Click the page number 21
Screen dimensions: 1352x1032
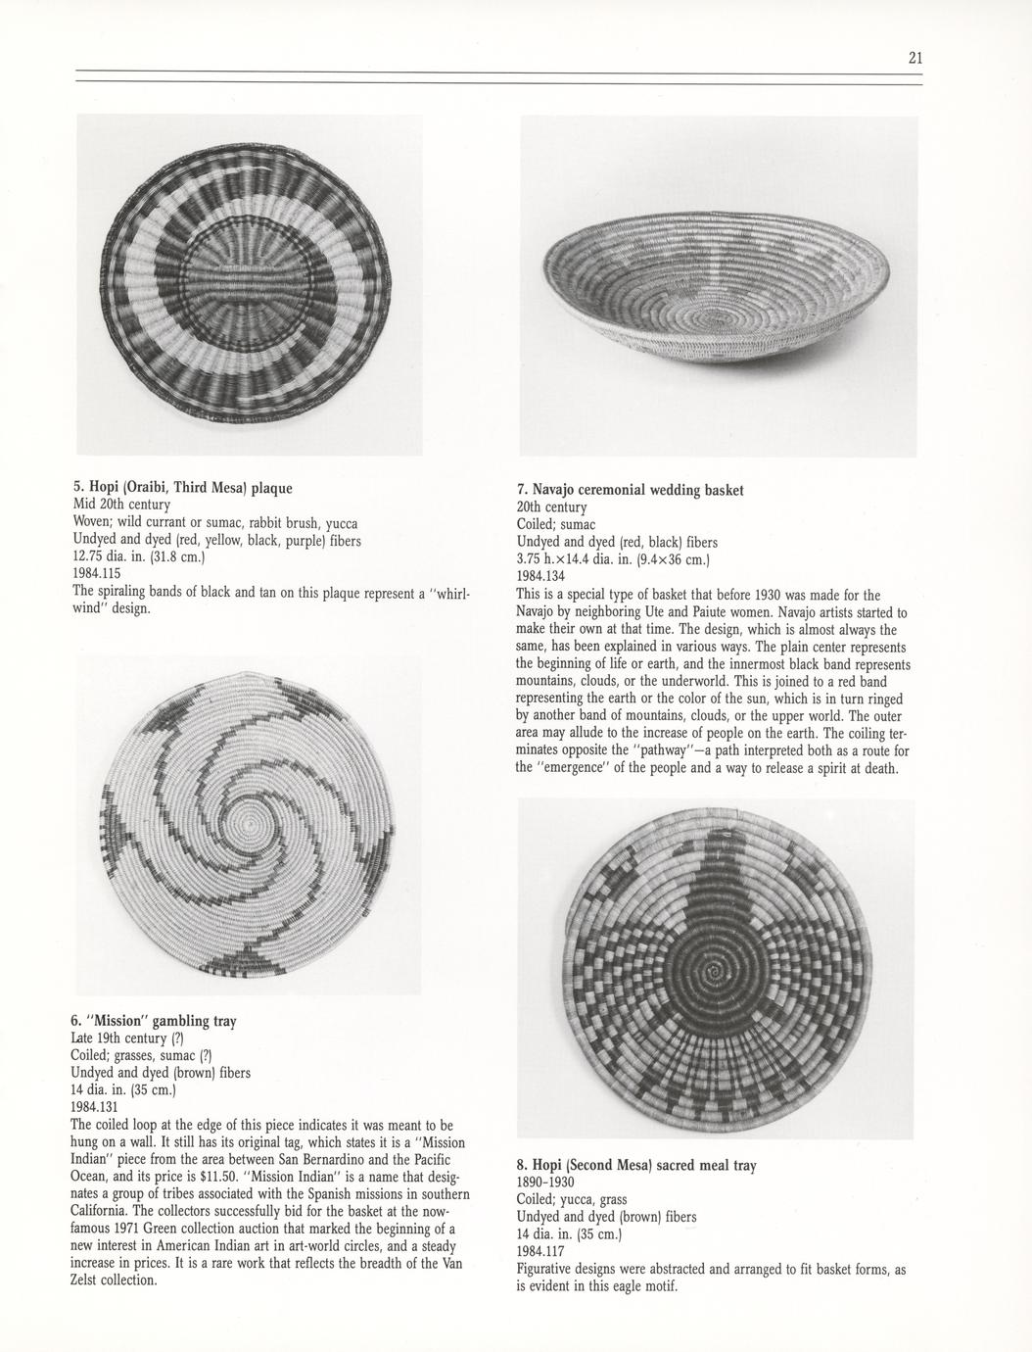(x=915, y=58)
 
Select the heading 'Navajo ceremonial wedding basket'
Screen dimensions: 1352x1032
(x=630, y=489)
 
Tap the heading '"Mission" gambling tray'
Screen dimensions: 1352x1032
(x=154, y=1021)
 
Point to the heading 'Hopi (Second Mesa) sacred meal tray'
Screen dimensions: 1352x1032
(x=635, y=1166)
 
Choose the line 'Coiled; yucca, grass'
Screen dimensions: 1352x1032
(x=572, y=1200)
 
